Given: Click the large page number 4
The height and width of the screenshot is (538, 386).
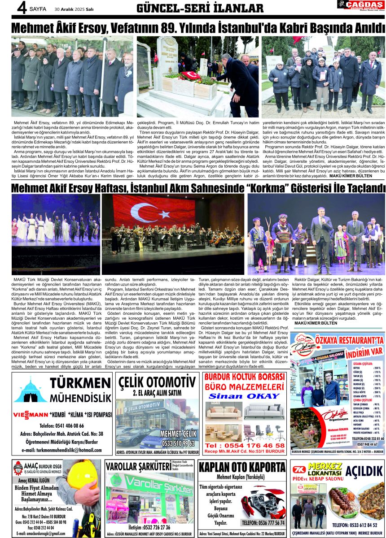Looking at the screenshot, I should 21,8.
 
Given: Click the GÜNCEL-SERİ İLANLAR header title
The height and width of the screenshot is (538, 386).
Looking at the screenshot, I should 200,9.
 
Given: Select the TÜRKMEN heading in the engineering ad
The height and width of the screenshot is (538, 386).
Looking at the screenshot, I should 80,382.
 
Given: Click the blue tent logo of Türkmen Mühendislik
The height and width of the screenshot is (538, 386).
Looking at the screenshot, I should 30,390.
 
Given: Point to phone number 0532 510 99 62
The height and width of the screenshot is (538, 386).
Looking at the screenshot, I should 178,443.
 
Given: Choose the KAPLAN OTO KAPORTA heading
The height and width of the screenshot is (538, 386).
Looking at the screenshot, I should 242,467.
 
